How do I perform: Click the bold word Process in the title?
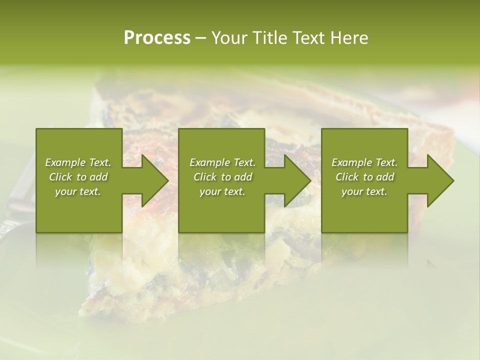pos(157,38)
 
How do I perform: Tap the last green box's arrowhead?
pos(436,180)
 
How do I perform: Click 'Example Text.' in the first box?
pos(78,162)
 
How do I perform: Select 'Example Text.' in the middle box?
pos(222,162)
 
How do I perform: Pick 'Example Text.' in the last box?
pos(364,162)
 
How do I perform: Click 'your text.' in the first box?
pos(78,191)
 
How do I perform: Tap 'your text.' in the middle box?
pos(222,191)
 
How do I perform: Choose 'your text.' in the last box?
pos(364,191)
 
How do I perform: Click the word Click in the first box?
pos(61,177)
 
